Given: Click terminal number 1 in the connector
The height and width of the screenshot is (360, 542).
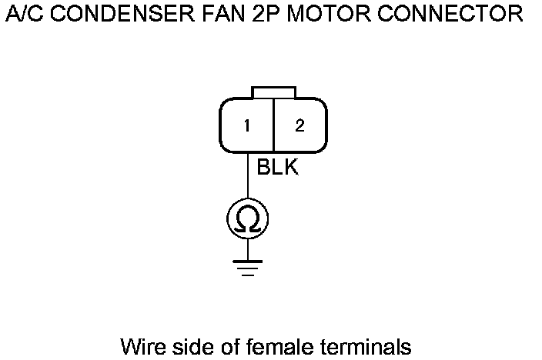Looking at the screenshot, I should [247, 126].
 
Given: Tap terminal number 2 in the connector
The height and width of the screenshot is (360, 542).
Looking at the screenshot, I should [299, 126].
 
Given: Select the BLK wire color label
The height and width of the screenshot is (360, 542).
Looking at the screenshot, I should [277, 168].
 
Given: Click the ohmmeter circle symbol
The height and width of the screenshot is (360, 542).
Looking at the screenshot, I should [247, 220].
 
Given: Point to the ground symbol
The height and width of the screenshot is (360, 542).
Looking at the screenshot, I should [247, 266].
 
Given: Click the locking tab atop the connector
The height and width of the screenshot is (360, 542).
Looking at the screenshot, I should [273, 92].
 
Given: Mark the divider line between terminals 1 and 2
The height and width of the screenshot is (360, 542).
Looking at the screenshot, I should [273, 125].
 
